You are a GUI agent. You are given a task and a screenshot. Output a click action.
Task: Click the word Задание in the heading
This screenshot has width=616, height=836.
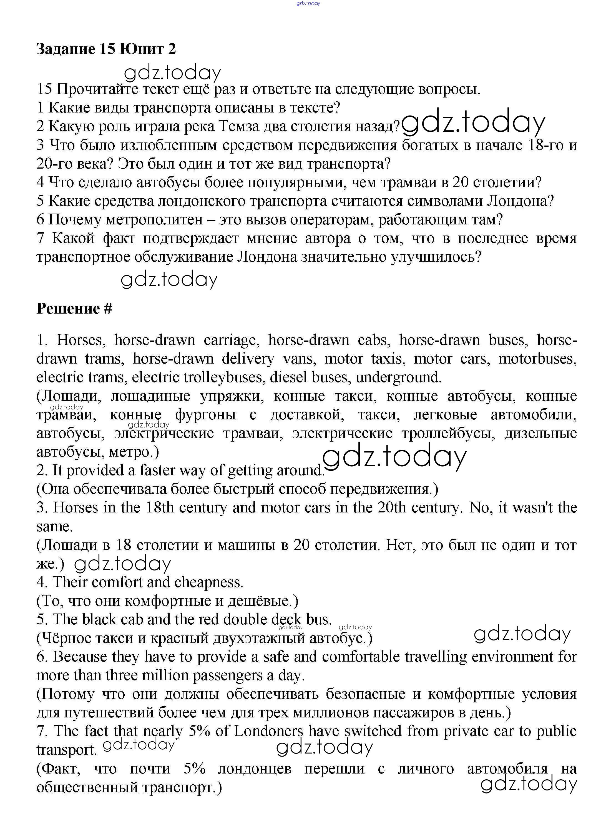pos(66,49)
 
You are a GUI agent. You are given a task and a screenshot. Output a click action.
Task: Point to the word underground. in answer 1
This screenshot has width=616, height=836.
pos(399,377)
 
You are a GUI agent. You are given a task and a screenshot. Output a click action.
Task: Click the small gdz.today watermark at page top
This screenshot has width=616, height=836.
pos(308,3)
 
